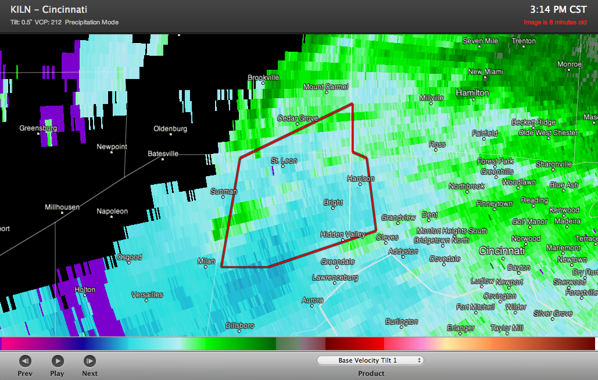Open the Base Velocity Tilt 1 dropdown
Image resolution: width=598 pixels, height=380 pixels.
pyautogui.click(x=371, y=360)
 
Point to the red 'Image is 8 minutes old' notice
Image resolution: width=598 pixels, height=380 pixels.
pyautogui.click(x=555, y=23)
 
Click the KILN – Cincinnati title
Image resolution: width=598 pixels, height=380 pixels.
pyautogui.click(x=49, y=10)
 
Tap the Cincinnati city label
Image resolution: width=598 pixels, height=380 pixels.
pyautogui.click(x=502, y=251)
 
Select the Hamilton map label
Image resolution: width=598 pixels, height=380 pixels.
pyautogui.click(x=472, y=93)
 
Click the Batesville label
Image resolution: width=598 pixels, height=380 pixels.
pyautogui.click(x=163, y=153)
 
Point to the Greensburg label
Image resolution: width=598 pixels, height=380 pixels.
pyautogui.click(x=38, y=128)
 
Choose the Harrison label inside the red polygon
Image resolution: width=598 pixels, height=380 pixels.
pyautogui.click(x=360, y=178)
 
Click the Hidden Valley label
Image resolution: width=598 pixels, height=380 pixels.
pyautogui.click(x=342, y=234)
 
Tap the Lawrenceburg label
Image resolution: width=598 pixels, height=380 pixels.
pyautogui.click(x=335, y=278)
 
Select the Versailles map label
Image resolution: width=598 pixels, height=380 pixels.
pyautogui.click(x=147, y=295)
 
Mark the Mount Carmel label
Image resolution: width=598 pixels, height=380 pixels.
pyautogui.click(x=325, y=87)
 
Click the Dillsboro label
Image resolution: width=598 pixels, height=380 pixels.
pyautogui.click(x=239, y=326)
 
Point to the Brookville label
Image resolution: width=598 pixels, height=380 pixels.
pyautogui.click(x=263, y=77)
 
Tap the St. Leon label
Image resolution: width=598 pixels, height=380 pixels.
pyautogui.click(x=284, y=160)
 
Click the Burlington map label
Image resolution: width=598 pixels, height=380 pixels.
pyautogui.click(x=402, y=321)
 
